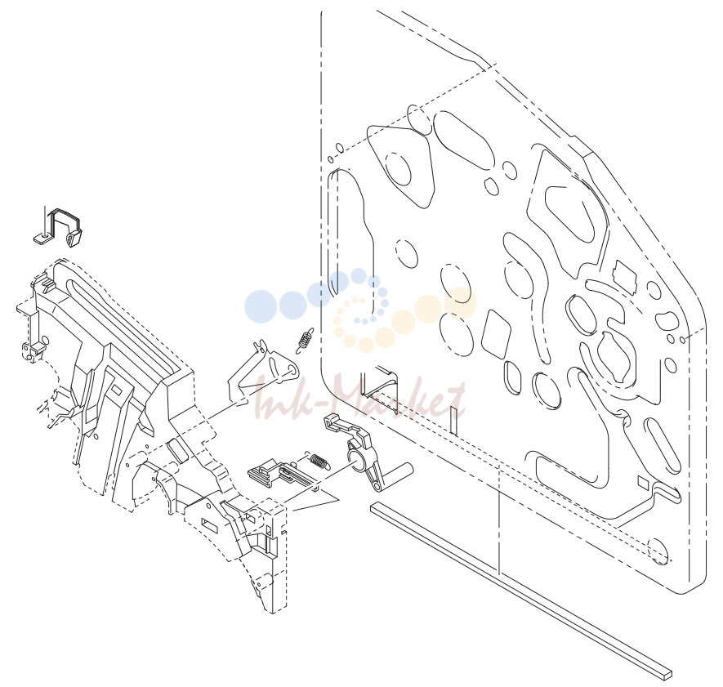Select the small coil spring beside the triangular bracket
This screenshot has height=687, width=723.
pyautogui.click(x=305, y=341)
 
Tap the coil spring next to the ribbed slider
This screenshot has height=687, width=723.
pyautogui.click(x=318, y=460)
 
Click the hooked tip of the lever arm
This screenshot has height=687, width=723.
pyautogui.click(x=331, y=421)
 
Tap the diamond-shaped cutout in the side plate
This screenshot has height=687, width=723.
pyautogui.click(x=496, y=334)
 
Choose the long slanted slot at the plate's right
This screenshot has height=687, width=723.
pyautogui.click(x=662, y=445)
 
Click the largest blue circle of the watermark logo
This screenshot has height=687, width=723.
pyautogui.click(x=260, y=306)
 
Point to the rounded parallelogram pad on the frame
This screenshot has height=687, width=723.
pyautogui.click(x=177, y=450)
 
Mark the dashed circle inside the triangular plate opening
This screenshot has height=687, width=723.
pyautogui.click(x=398, y=169)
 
